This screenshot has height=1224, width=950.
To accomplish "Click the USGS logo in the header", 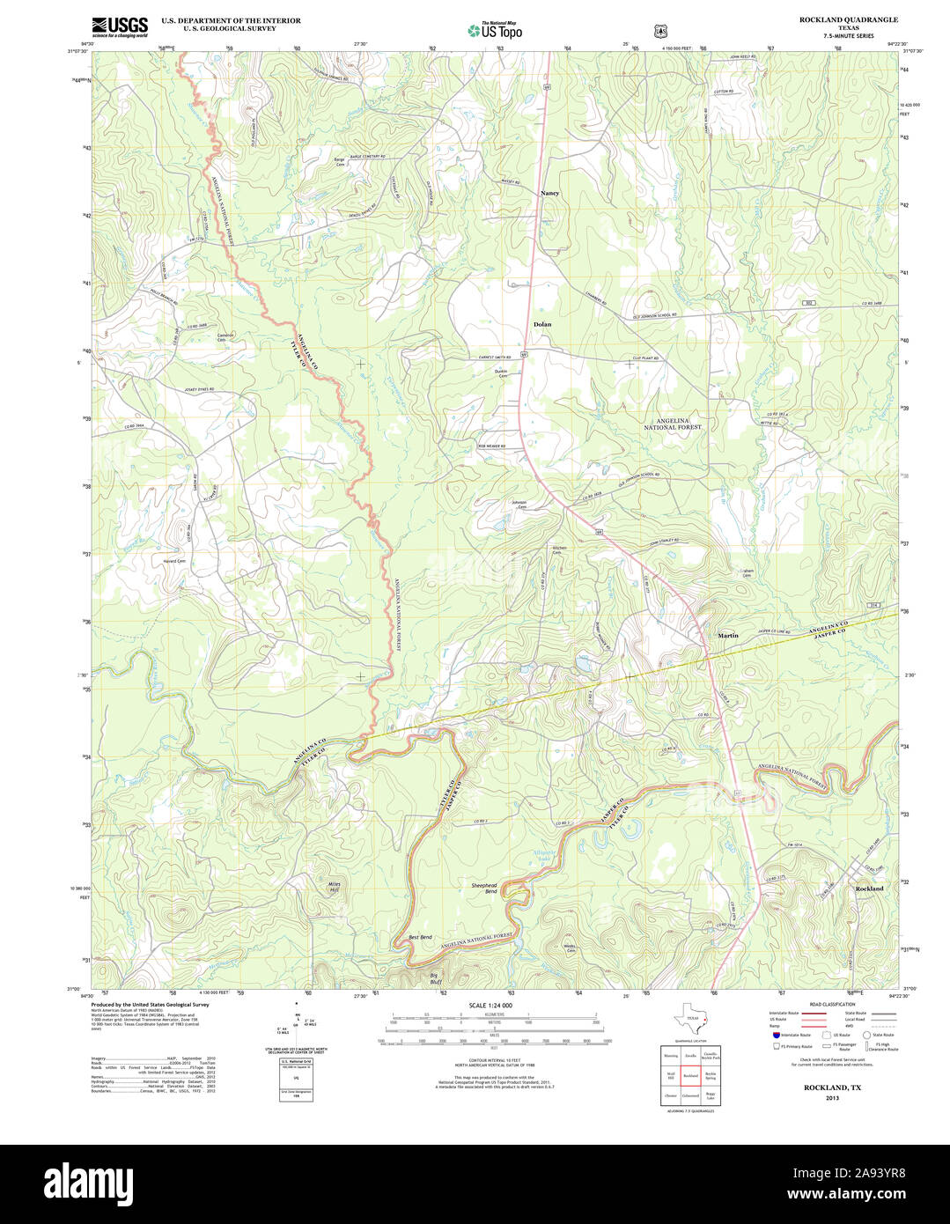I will coord(120,26).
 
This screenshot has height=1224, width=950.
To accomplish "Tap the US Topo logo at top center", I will coord(495,30).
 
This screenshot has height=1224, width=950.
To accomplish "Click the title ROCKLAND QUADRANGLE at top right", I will coord(836,19).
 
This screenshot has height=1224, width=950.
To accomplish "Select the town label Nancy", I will coord(549,192).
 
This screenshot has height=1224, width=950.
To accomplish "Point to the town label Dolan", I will coord(542,324).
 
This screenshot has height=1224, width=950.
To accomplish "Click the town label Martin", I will coord(727,635).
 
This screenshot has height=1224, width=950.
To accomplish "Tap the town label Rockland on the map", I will coord(869,889).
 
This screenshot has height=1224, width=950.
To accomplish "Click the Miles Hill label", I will coord(333,886).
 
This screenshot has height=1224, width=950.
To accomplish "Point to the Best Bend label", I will coord(420,937).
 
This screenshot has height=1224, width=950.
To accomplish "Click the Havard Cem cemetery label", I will coord(174,561).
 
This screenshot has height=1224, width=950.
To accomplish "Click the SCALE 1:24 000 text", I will coord(490,1005).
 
